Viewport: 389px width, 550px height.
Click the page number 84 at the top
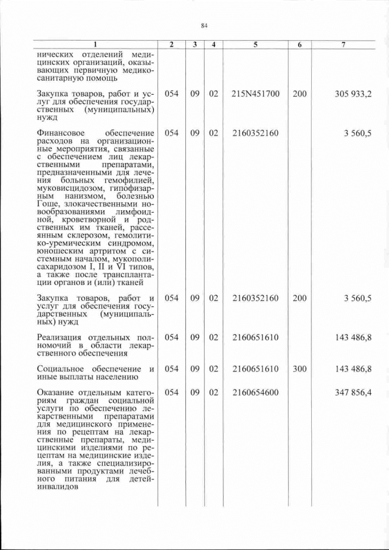[x=204, y=25]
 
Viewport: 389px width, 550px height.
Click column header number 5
[x=255, y=44]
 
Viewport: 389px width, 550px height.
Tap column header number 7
[x=343, y=44]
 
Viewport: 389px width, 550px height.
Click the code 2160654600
[x=255, y=393]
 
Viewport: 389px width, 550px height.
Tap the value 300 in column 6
[x=300, y=369]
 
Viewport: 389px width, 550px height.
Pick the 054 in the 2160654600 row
[x=171, y=393]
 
